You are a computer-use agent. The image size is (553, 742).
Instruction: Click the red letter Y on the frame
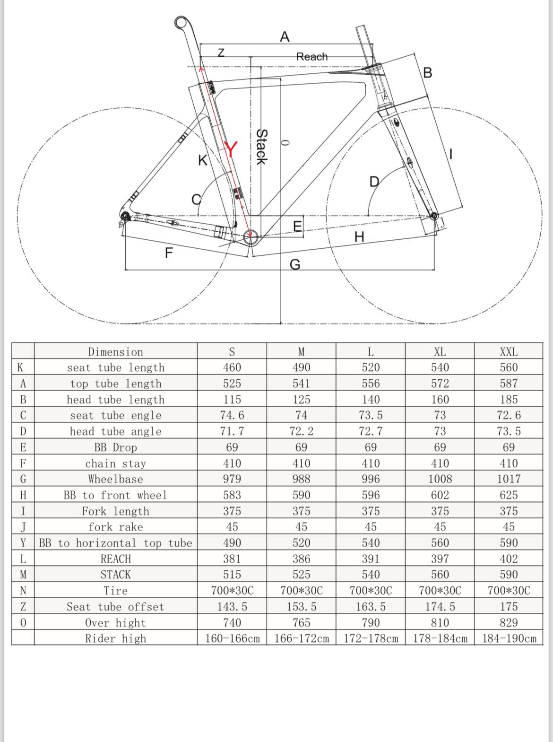pos(231,150)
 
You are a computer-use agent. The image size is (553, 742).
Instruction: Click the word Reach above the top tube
pos(312,57)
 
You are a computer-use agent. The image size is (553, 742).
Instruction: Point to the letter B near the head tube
pos(428,73)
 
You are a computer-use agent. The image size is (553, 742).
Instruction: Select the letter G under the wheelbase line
pos(294,264)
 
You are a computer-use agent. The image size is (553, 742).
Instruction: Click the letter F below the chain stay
pos(169,253)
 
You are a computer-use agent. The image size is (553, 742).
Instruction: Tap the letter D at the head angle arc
pos(374,182)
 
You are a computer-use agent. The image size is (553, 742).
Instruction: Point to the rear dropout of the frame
pos(125,216)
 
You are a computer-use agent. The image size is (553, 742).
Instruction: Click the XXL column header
pos(509,352)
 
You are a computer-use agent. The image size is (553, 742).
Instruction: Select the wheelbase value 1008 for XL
pos(440,479)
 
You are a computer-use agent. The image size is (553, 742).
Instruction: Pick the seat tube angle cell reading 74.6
pos(232,415)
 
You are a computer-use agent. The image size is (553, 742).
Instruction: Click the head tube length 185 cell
pos(509,400)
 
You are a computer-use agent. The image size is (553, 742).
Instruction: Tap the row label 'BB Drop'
pos(115,447)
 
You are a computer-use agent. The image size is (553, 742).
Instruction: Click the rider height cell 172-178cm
pos(371,638)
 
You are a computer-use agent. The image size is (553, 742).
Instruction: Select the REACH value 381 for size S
pos(232,559)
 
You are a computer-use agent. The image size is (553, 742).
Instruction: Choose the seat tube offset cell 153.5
pos(301,607)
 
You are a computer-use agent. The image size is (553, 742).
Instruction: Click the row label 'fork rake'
pos(115,527)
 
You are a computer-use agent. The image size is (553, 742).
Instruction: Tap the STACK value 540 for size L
pos(371,575)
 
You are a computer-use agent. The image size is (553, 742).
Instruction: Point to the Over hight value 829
pos(509,623)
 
